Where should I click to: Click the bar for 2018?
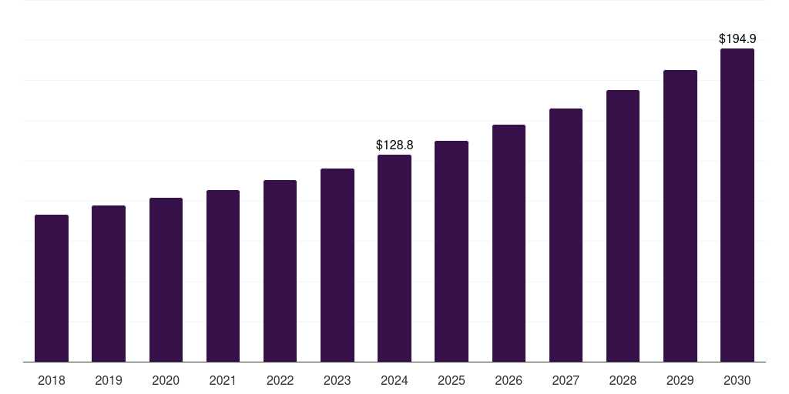click(x=52, y=289)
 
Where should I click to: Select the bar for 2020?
click(x=166, y=280)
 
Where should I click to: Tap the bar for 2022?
click(x=280, y=271)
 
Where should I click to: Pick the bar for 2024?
click(x=394, y=259)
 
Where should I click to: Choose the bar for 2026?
click(x=509, y=243)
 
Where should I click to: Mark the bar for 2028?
click(x=623, y=226)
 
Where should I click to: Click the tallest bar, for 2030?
click(x=737, y=205)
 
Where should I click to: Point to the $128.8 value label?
click(x=394, y=145)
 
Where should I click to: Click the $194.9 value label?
click(x=737, y=38)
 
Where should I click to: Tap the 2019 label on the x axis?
click(x=109, y=380)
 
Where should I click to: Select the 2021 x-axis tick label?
click(x=223, y=380)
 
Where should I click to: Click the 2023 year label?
click(x=337, y=380)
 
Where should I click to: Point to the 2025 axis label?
click(x=452, y=380)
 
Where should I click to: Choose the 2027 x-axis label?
click(x=566, y=380)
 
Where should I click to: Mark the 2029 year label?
click(x=680, y=380)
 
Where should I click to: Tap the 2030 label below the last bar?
click(x=737, y=380)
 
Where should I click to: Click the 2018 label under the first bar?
click(x=52, y=380)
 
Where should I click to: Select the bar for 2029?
click(x=680, y=216)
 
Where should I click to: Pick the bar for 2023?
click(x=337, y=265)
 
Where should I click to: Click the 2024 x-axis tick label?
click(x=394, y=380)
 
